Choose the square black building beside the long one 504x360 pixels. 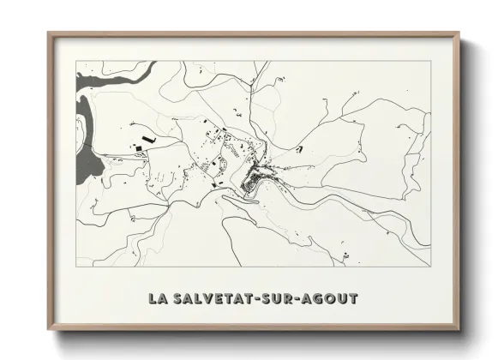tap(137, 150)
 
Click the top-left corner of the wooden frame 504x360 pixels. tap(49, 33)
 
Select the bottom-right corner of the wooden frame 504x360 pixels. tap(459, 329)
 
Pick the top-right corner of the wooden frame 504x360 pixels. tap(459, 33)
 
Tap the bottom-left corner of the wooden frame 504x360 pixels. tap(49, 329)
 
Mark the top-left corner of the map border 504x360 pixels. tap(77, 61)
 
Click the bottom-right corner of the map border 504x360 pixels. tap(430, 266)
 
